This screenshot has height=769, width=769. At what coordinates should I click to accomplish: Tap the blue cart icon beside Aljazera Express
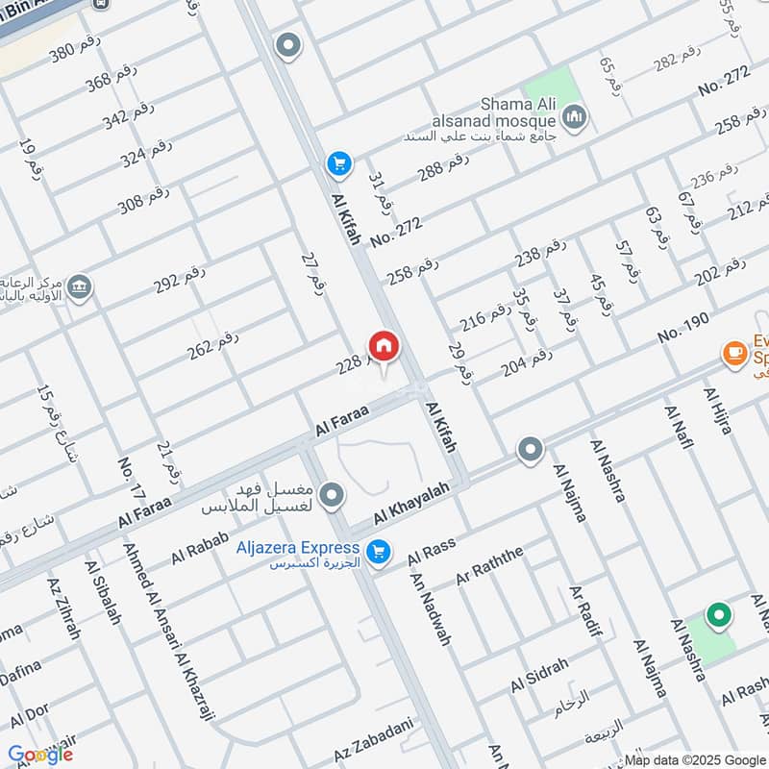(380, 551)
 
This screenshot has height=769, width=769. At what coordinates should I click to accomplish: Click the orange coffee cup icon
(735, 355)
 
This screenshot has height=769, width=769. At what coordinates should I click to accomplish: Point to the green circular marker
(717, 613)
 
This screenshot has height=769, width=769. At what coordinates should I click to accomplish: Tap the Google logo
(40, 755)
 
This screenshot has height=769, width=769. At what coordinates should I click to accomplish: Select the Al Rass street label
(431, 552)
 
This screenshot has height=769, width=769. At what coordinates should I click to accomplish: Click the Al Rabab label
(200, 548)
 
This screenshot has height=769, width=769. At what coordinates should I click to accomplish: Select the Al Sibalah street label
(102, 593)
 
